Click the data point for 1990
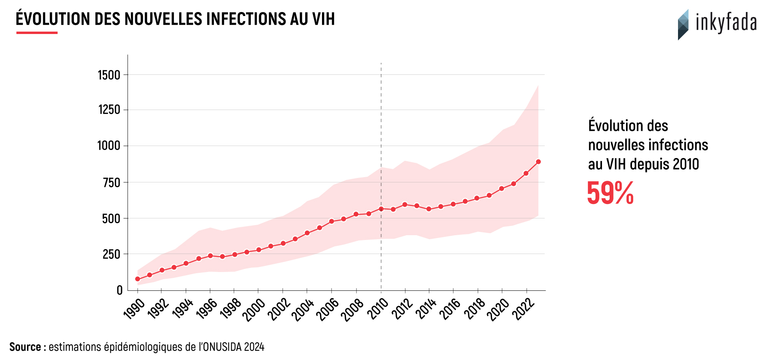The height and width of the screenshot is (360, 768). point(138,279)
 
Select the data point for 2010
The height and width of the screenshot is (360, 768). point(381,209)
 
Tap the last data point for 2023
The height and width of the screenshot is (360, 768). point(538,162)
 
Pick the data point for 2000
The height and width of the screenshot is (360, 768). point(259,250)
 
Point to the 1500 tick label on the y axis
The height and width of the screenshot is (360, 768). point(109,75)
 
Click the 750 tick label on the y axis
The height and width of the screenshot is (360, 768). point(111,182)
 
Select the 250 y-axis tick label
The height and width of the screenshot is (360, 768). point(111,254)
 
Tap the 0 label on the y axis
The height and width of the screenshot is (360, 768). point(119,290)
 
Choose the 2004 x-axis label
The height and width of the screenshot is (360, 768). point(303,310)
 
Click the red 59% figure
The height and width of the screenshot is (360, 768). point(610,193)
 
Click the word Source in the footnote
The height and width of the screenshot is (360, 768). point(25,347)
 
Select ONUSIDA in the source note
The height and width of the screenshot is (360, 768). point(222,347)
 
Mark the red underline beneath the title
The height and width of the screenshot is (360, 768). point(37,33)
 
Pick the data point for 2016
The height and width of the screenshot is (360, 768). point(453,204)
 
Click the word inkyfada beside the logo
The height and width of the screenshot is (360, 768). point(726,23)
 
